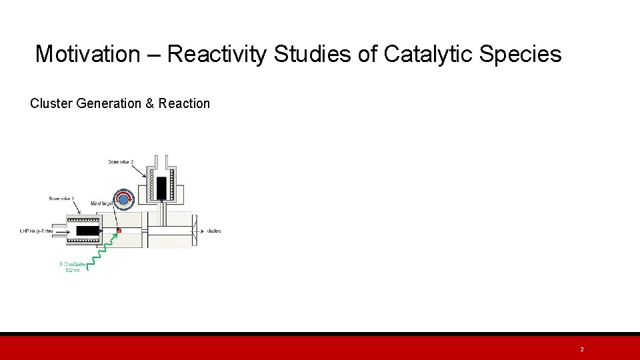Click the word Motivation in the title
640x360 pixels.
87,54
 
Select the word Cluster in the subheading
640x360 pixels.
52,103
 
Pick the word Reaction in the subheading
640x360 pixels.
184,103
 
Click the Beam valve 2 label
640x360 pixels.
121,162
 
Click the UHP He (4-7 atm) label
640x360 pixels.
36,231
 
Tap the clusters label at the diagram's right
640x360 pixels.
214,231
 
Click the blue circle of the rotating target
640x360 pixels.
123,199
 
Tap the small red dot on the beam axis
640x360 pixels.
119,231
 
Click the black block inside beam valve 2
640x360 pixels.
161,187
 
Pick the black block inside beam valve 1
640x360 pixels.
86,231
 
